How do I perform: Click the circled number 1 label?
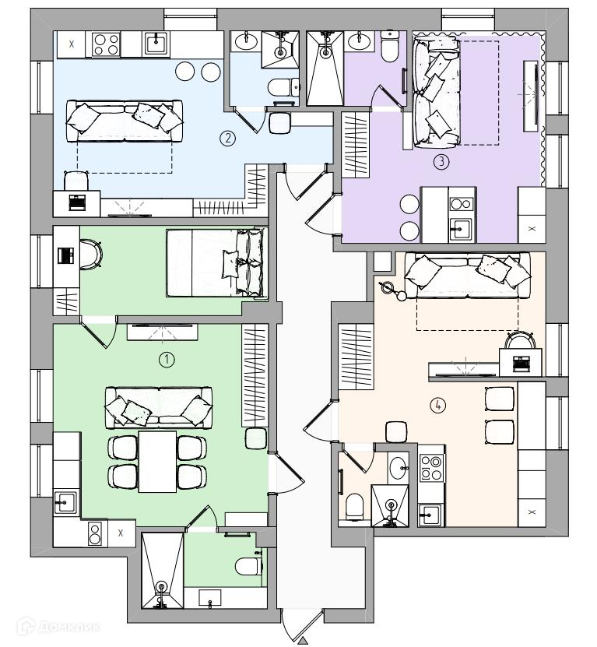point(166,359)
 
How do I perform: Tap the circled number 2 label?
point(227,139)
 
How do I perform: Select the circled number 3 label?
point(441,162)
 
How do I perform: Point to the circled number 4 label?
point(439,405)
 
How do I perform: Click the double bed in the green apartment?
point(216,262)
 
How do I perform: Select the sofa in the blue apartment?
point(125,120)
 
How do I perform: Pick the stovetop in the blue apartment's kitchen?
point(105,44)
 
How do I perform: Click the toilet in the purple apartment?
point(389,50)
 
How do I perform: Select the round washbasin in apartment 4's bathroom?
point(397,467)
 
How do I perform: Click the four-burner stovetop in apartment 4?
point(430,468)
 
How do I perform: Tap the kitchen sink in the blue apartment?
point(156,43)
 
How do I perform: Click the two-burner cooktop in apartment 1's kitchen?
point(96,534)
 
